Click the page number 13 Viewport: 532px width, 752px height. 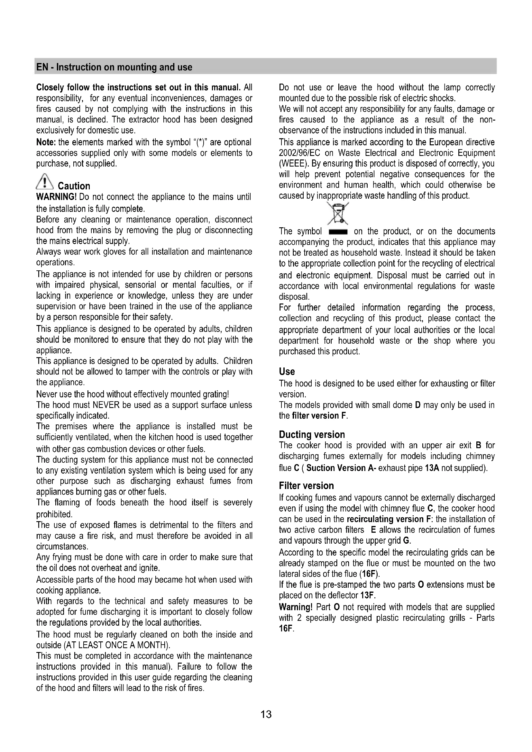pos(266,714)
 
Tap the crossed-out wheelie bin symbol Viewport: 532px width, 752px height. pos(338,213)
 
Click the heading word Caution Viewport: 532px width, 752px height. pos(74,186)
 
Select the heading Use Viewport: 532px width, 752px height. pos(287,371)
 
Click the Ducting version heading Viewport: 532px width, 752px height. pos(312,435)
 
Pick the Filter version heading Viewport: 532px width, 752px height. pos(306,486)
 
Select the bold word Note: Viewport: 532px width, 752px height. pos(46,142)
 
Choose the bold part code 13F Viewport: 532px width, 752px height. pos(367,595)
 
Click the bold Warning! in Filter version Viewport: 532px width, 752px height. pos(296,607)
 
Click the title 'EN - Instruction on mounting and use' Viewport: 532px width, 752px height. pos(114,68)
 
